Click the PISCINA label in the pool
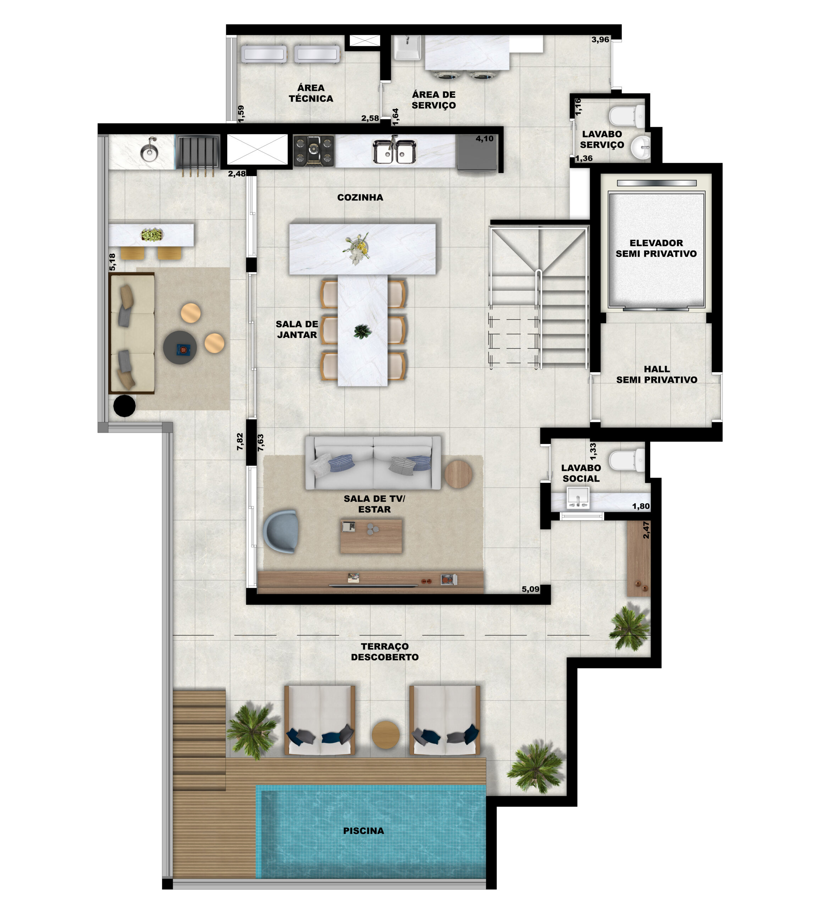(x=363, y=830)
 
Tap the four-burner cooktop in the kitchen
(x=314, y=150)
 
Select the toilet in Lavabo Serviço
(x=627, y=116)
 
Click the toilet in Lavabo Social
(x=626, y=460)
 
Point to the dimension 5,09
(x=530, y=589)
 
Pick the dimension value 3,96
(x=600, y=39)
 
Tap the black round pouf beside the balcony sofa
(x=124, y=406)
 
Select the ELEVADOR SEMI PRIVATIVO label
(x=656, y=248)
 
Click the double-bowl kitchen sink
(x=394, y=151)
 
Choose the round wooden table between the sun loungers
(x=385, y=734)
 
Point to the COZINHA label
(x=360, y=197)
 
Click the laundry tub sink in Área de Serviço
(x=407, y=48)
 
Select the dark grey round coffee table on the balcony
(x=180, y=347)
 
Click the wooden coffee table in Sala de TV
(x=371, y=536)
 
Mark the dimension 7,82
(x=240, y=441)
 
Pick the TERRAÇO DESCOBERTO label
(x=385, y=652)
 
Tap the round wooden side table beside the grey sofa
(x=458, y=474)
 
